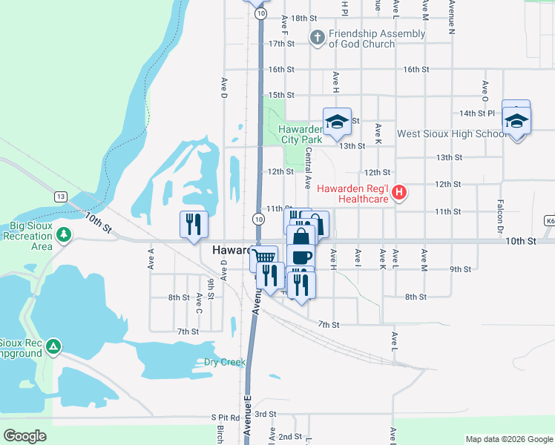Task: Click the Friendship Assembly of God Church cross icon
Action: pyautogui.click(x=318, y=39)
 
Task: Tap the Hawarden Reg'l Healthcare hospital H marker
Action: pyautogui.click(x=400, y=194)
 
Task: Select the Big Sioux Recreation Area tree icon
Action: pyautogui.click(x=65, y=235)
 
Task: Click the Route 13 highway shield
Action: pyautogui.click(x=60, y=196)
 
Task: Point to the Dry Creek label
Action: pyautogui.click(x=224, y=363)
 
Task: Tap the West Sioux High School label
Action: pyautogui.click(x=451, y=134)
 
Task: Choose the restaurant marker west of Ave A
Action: pyautogui.click(x=194, y=224)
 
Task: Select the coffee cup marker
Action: pyautogui.click(x=301, y=257)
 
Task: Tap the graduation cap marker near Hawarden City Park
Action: pyautogui.click(x=336, y=122)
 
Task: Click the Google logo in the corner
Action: pyautogui.click(x=24, y=436)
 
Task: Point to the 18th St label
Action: pyautogui.click(x=303, y=18)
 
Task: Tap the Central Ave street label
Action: pyautogui.click(x=308, y=167)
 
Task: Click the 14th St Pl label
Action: pyautogui.click(x=476, y=113)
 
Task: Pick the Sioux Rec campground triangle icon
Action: pyautogui.click(x=53, y=346)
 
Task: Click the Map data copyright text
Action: pyautogui.click(x=508, y=439)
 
